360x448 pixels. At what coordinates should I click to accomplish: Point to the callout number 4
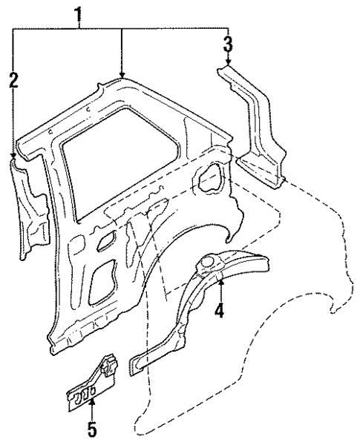click(219, 312)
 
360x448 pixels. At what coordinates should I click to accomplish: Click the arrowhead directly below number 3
click(228, 64)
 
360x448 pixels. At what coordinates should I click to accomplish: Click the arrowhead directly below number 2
click(13, 154)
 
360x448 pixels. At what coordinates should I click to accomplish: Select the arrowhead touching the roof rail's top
click(122, 76)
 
